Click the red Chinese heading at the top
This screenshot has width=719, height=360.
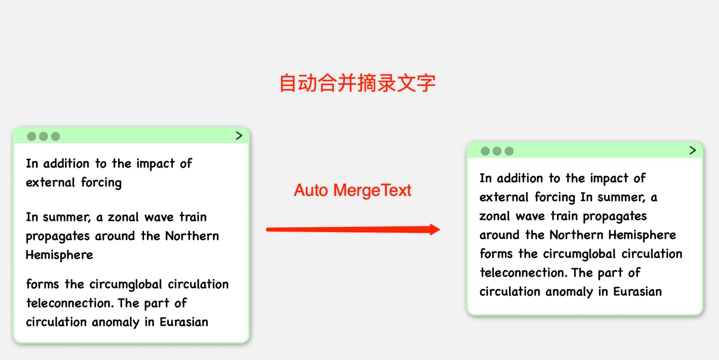point(358,83)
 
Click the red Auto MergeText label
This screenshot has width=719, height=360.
point(352,190)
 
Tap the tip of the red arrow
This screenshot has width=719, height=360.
point(440,229)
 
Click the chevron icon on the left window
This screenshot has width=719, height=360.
point(239,135)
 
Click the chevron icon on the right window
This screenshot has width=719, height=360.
point(693,150)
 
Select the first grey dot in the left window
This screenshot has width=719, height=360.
point(32,136)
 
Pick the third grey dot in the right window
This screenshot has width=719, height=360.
point(509,151)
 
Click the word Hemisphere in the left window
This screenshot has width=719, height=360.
point(59,255)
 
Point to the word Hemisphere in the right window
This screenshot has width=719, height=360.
point(642,235)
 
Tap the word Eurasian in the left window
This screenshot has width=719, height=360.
point(184,322)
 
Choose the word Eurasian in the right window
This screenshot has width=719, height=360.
point(637,292)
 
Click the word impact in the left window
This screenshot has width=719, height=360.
point(155,164)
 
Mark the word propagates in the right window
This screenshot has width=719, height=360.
point(615,217)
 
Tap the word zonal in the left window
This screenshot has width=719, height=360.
point(123,217)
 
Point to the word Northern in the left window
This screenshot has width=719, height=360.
point(192,236)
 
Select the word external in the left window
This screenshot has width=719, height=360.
point(51,183)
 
